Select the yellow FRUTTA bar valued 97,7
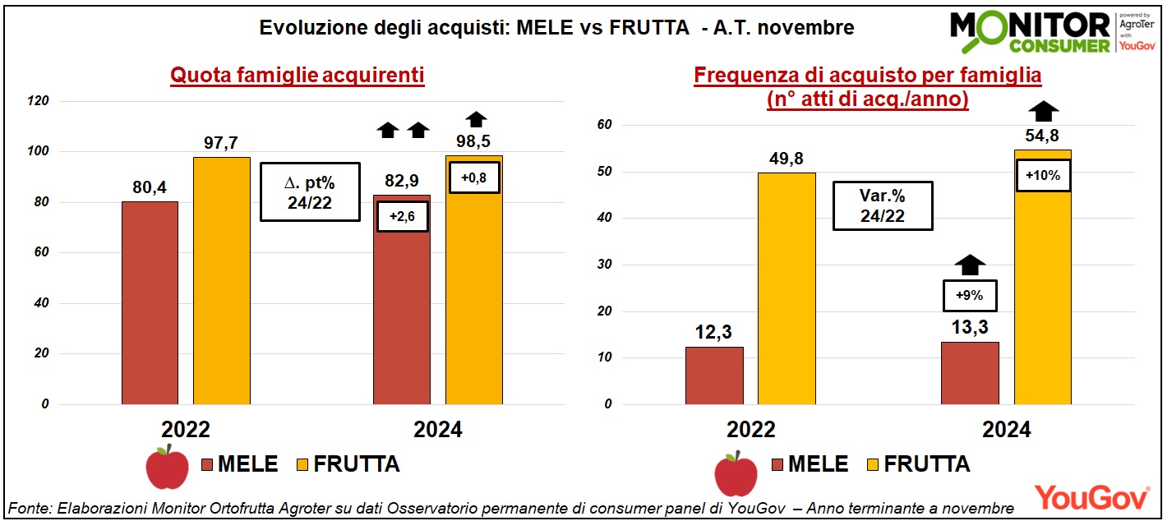pos(222,280)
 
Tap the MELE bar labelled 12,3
pos(714,376)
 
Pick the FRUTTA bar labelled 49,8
pos(786,288)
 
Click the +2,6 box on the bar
pos(403,216)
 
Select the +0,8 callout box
pos(474,178)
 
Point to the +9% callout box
pos(969,295)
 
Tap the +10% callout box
pos(1043,175)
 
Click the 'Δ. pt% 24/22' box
pos(310,191)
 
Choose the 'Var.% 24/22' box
pos(882,205)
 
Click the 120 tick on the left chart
pos(39,101)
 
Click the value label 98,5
pos(473,141)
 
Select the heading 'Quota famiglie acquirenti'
pos(297,76)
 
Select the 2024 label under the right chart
pos(1006,430)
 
